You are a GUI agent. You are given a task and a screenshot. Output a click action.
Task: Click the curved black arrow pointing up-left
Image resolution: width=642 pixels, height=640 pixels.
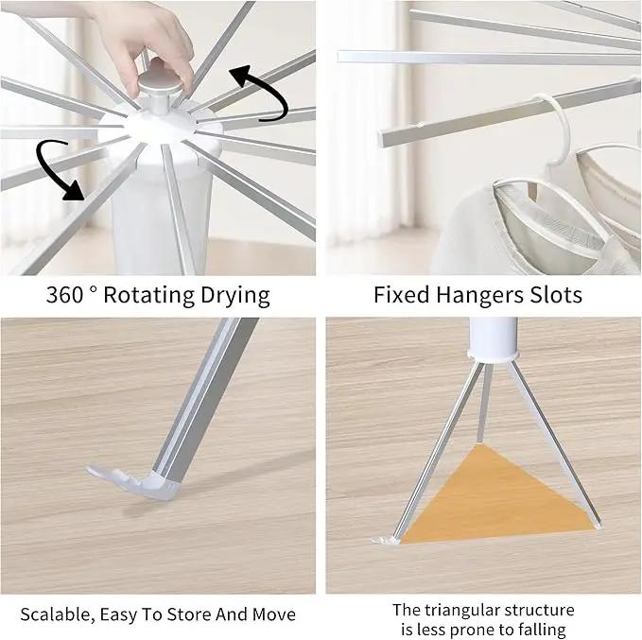(261, 93)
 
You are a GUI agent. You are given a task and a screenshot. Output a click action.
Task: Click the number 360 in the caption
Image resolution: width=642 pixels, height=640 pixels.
(65, 295)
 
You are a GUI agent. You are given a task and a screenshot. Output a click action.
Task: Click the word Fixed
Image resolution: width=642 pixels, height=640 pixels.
(401, 295)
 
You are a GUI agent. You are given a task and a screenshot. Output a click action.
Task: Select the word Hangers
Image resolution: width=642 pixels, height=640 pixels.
(479, 295)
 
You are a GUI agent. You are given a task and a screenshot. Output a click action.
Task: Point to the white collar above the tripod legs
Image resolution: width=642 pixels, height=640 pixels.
(493, 355)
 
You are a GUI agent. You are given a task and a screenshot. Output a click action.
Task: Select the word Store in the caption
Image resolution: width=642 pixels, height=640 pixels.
(189, 614)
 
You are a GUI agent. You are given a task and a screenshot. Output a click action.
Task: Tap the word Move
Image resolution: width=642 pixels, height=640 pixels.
(273, 614)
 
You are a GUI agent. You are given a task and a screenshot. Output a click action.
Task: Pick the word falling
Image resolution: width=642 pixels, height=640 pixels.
(542, 630)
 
